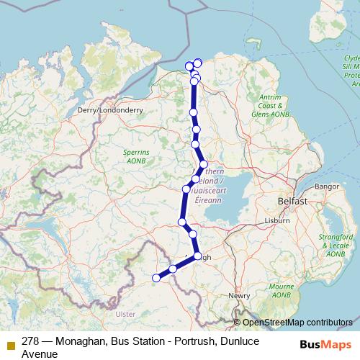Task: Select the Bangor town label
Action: click(326, 186)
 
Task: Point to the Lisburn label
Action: click(276, 218)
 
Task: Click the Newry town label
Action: click(239, 295)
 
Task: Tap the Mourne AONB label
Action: click(282, 290)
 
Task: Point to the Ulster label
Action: click(125, 314)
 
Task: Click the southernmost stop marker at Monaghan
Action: click(156, 277)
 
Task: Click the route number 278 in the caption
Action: click(30, 341)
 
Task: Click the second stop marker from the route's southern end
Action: click(173, 269)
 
